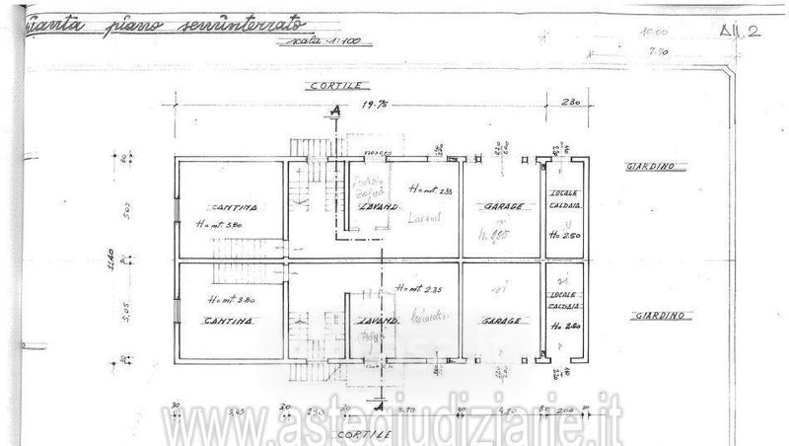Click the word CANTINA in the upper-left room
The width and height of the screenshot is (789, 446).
(234, 207)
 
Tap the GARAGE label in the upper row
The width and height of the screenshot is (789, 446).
(502, 207)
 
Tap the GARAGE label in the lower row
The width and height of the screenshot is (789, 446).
(502, 322)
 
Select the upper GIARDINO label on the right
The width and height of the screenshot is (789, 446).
(649, 168)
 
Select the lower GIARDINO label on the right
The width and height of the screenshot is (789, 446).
(661, 317)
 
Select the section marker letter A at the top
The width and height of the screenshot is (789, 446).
(338, 111)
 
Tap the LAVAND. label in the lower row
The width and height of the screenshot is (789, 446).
(378, 322)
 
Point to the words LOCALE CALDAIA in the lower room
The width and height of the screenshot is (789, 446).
(563, 306)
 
